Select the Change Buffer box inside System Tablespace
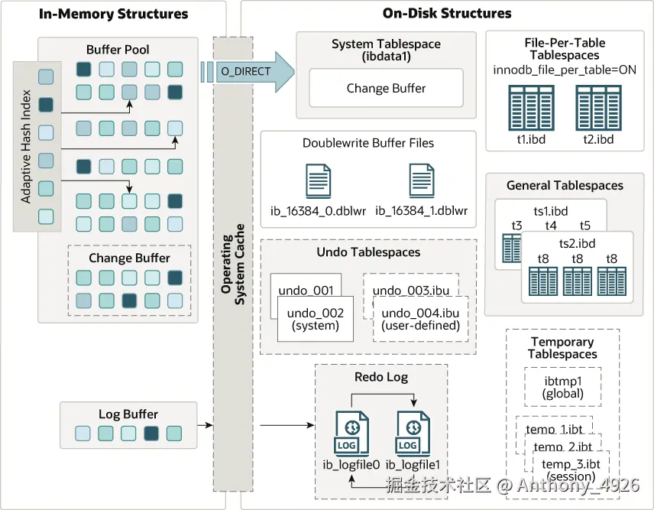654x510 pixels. click(386, 89)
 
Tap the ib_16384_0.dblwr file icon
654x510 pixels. click(318, 182)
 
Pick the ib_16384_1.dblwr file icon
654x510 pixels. click(421, 182)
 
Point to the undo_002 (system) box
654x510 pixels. click(315, 319)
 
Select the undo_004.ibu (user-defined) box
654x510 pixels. click(420, 319)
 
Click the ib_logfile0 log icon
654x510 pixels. click(351, 434)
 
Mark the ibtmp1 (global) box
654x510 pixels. click(563, 387)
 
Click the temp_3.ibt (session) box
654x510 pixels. click(571, 469)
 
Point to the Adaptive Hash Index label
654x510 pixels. click(26, 148)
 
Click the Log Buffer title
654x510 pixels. click(120, 415)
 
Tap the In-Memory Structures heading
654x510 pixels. click(113, 14)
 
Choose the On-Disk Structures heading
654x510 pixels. click(447, 14)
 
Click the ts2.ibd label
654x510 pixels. click(577, 243)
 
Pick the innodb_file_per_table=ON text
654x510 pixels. click(565, 70)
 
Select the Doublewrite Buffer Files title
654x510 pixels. click(367, 143)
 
